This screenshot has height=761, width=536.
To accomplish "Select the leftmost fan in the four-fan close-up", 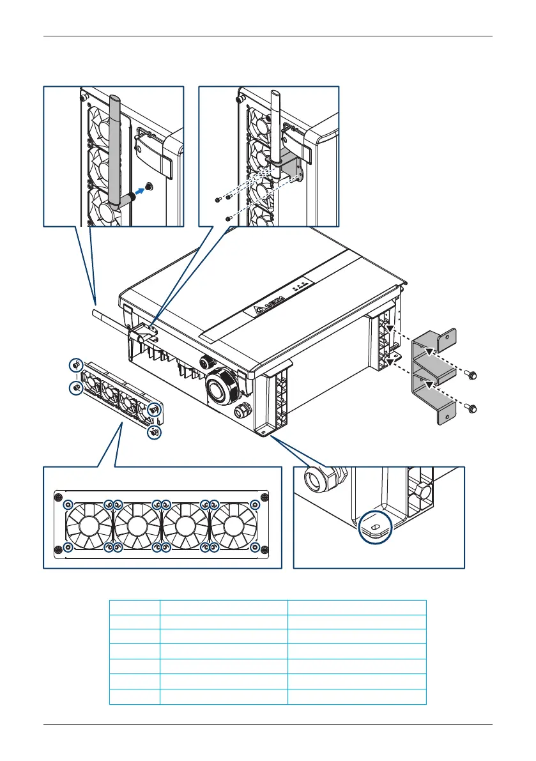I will [87, 525].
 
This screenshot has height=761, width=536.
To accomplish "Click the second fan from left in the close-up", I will [136, 525].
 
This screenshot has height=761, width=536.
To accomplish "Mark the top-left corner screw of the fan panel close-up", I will [59, 498].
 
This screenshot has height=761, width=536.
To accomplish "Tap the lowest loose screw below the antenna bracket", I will [229, 219].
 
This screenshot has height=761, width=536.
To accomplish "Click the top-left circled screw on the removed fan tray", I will [75, 364].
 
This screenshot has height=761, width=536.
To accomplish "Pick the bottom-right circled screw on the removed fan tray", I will [155, 433].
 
